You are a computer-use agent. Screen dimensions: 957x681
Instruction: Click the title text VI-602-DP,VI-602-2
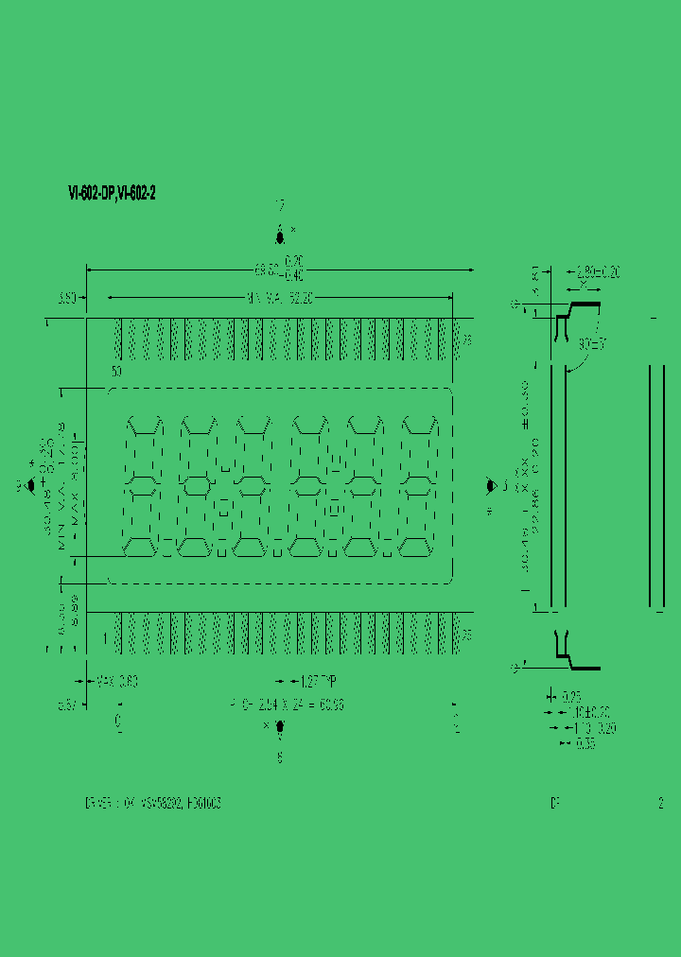[112, 193]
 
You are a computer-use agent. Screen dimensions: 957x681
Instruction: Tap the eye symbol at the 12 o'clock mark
[280, 236]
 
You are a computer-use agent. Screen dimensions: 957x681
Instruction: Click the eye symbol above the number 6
[280, 727]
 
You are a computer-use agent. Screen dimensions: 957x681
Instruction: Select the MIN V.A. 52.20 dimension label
[280, 299]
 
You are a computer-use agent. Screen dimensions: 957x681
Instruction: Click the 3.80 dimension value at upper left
[67, 299]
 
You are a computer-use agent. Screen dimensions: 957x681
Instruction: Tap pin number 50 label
[116, 373]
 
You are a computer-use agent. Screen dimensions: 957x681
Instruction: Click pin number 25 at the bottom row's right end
[466, 635]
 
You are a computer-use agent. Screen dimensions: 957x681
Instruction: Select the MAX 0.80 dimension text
[118, 680]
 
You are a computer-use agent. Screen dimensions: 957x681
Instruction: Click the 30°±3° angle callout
[595, 344]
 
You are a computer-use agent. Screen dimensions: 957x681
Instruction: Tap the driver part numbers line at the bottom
[153, 803]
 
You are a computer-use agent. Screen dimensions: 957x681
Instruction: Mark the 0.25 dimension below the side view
[572, 696]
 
